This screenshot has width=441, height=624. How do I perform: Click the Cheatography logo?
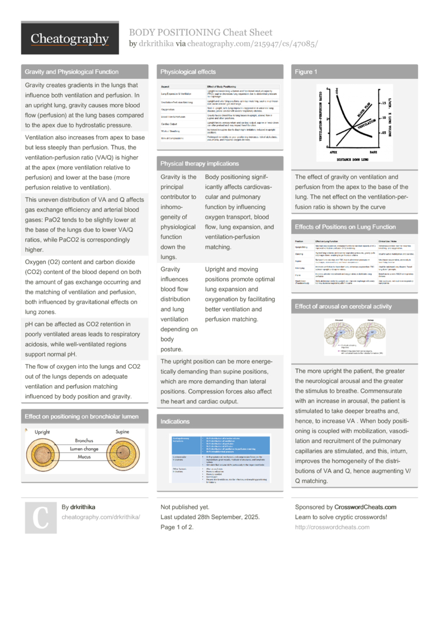coord(70,39)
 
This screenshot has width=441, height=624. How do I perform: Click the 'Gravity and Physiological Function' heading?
coord(71,72)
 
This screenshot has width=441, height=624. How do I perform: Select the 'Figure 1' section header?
coord(306,72)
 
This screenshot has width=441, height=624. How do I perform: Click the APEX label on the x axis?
coord(323,151)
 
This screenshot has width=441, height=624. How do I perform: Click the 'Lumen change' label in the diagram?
coord(84,449)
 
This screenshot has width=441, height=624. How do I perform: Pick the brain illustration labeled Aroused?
coord(339,335)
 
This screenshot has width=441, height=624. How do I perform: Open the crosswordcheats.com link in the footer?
coord(332,527)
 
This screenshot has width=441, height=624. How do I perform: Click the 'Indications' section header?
coord(175,421)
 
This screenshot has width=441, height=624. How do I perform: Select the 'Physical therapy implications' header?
coord(199,163)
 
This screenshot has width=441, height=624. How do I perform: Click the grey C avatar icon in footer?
coord(39,518)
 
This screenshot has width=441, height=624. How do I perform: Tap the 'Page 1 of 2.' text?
coord(177,527)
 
